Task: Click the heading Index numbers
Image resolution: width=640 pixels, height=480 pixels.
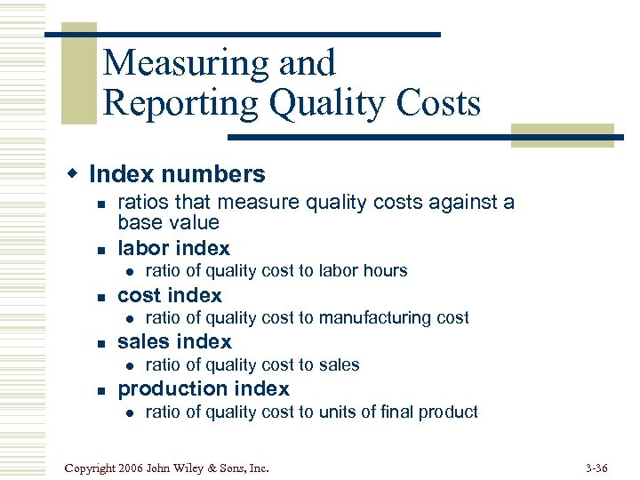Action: point(177,174)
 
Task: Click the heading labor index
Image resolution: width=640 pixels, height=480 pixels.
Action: point(173,248)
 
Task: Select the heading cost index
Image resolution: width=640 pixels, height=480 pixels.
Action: point(170,295)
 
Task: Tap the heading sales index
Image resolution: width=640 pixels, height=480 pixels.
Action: point(174,341)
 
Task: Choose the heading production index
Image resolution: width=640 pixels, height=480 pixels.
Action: point(204,388)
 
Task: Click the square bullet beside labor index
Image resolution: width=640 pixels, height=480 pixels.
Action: point(100,249)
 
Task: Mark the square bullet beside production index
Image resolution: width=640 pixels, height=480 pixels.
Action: point(100,389)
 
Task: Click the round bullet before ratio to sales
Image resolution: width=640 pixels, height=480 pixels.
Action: point(129,365)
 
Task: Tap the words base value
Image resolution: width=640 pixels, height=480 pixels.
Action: point(168,222)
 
